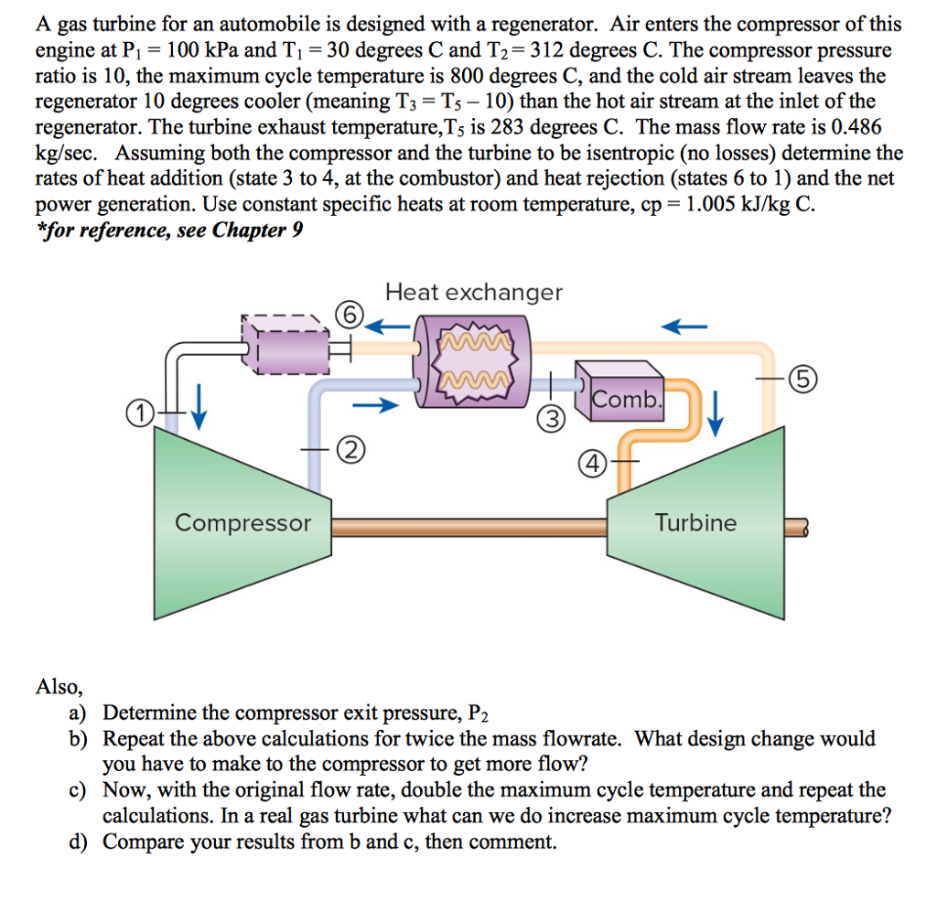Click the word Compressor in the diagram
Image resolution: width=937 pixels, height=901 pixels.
coord(242,523)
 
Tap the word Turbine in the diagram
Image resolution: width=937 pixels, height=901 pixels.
coord(695,523)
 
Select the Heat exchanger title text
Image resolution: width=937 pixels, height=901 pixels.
coord(474,293)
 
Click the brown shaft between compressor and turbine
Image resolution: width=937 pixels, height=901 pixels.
coord(468,526)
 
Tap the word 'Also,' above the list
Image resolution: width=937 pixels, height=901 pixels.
coord(59,687)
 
